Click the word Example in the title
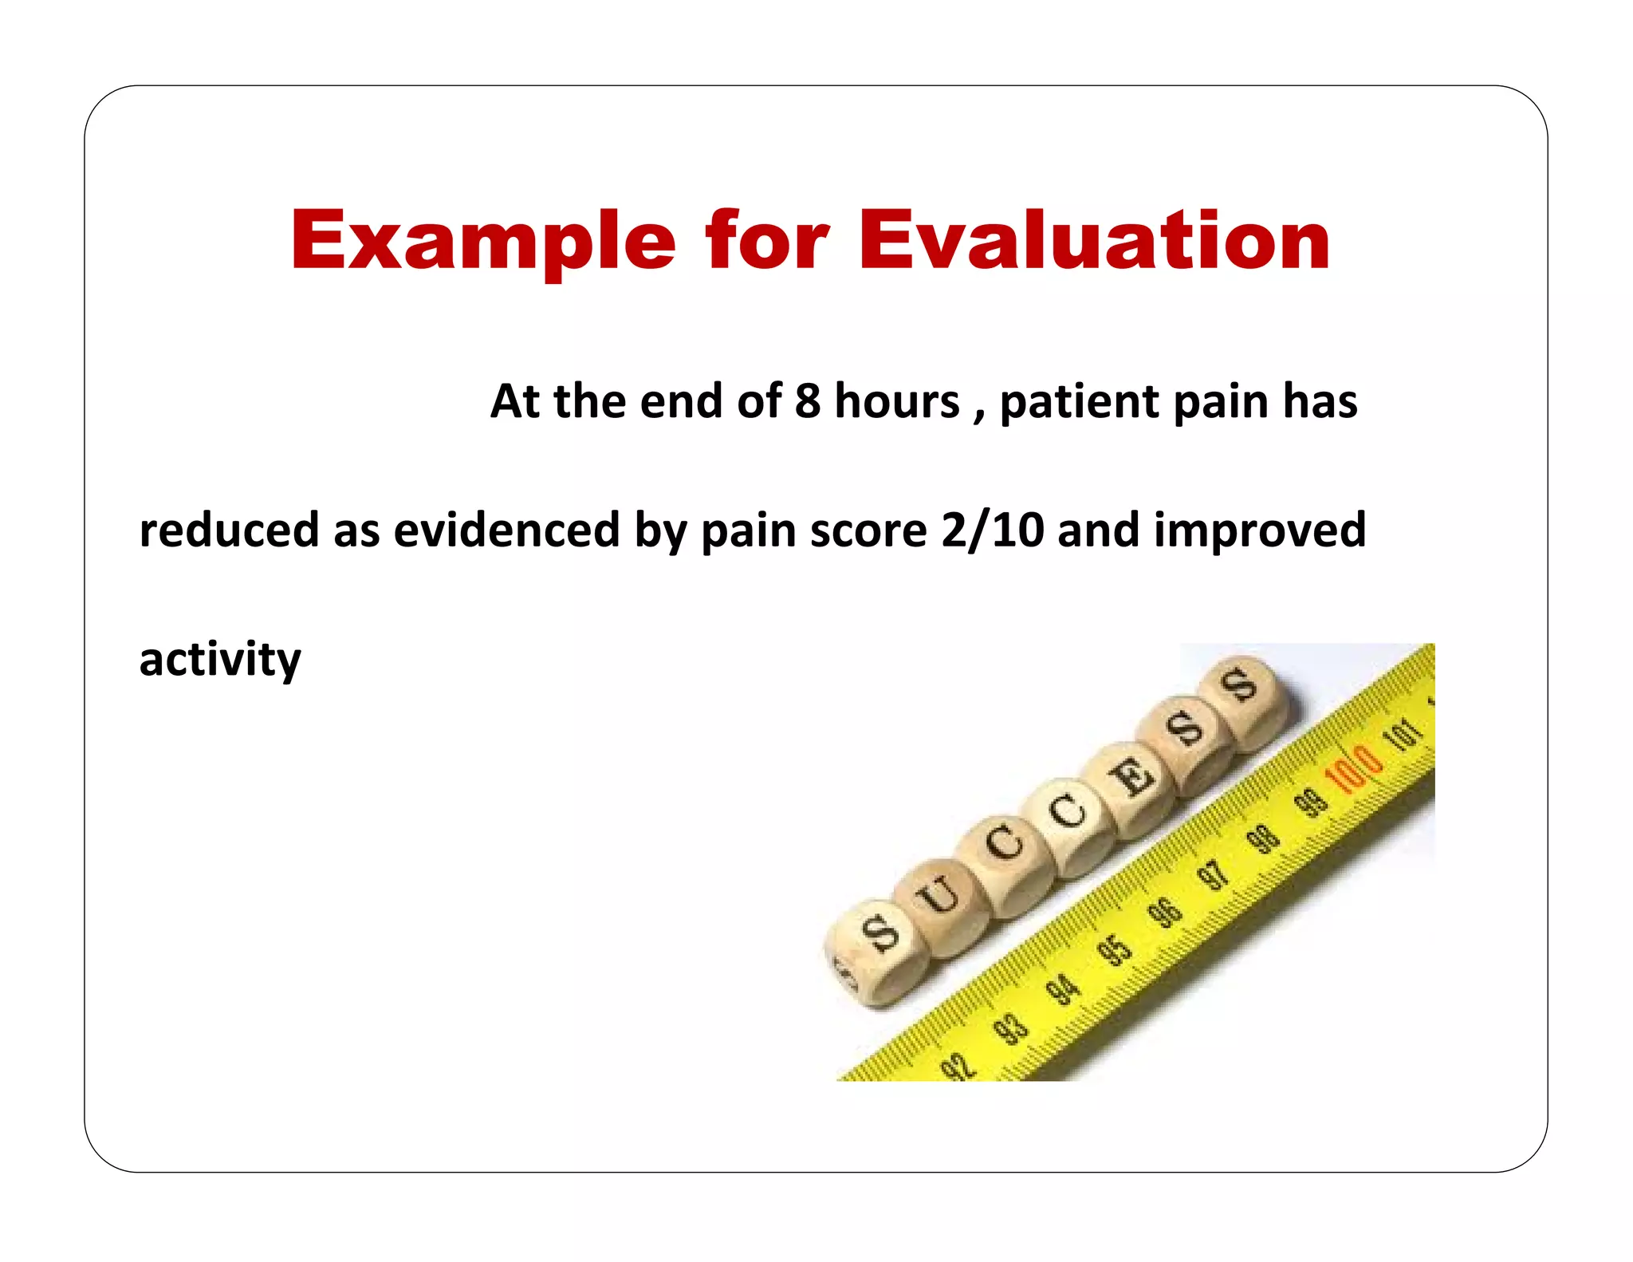483,241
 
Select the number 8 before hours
807,400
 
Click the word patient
1080,402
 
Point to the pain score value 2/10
992,530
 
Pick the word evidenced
506,530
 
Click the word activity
220,661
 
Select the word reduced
229,530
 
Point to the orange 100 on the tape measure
1353,767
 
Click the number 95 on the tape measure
1114,950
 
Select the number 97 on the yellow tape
1214,875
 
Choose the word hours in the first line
896,400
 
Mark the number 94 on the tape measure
1062,990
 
